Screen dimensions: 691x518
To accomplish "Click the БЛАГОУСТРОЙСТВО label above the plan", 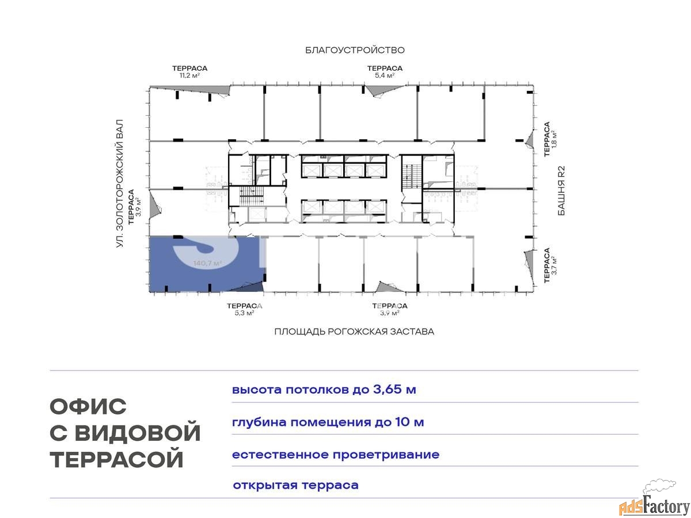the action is [x=355, y=50].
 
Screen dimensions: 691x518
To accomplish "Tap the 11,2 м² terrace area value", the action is [x=189, y=75].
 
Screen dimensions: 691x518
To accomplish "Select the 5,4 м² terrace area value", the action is [x=385, y=75].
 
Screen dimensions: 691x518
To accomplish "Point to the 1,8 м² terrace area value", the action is [x=555, y=139].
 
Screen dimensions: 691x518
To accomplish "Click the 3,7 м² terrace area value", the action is [x=555, y=265].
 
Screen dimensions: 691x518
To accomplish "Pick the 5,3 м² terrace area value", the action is [x=244, y=313].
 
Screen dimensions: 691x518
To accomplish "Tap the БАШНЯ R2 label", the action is [x=561, y=191].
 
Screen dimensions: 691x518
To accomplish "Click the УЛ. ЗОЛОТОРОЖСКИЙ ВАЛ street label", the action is [x=120, y=184].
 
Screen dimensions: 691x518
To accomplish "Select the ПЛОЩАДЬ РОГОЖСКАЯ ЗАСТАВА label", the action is [x=354, y=332].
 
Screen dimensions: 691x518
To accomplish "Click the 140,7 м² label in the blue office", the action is [x=208, y=263].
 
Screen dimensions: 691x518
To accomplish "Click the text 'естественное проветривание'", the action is [x=336, y=455].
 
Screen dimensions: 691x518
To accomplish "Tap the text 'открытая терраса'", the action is [x=295, y=485].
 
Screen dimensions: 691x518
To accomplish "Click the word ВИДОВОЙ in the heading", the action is [x=138, y=432].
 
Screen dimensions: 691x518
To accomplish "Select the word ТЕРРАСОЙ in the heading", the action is [x=116, y=459].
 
